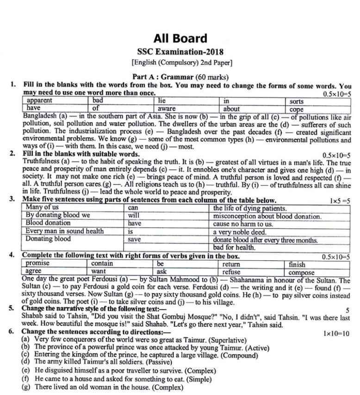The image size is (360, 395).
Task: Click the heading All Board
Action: (x=180, y=38)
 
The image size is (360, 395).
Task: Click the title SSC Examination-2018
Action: (x=180, y=51)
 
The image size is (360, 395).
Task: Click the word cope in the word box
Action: (x=296, y=109)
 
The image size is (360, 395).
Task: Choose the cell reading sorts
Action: (x=297, y=101)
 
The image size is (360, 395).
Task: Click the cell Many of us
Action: (x=42, y=207)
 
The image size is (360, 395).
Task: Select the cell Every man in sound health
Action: (x=64, y=231)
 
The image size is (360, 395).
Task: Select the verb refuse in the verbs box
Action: (x=231, y=272)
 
